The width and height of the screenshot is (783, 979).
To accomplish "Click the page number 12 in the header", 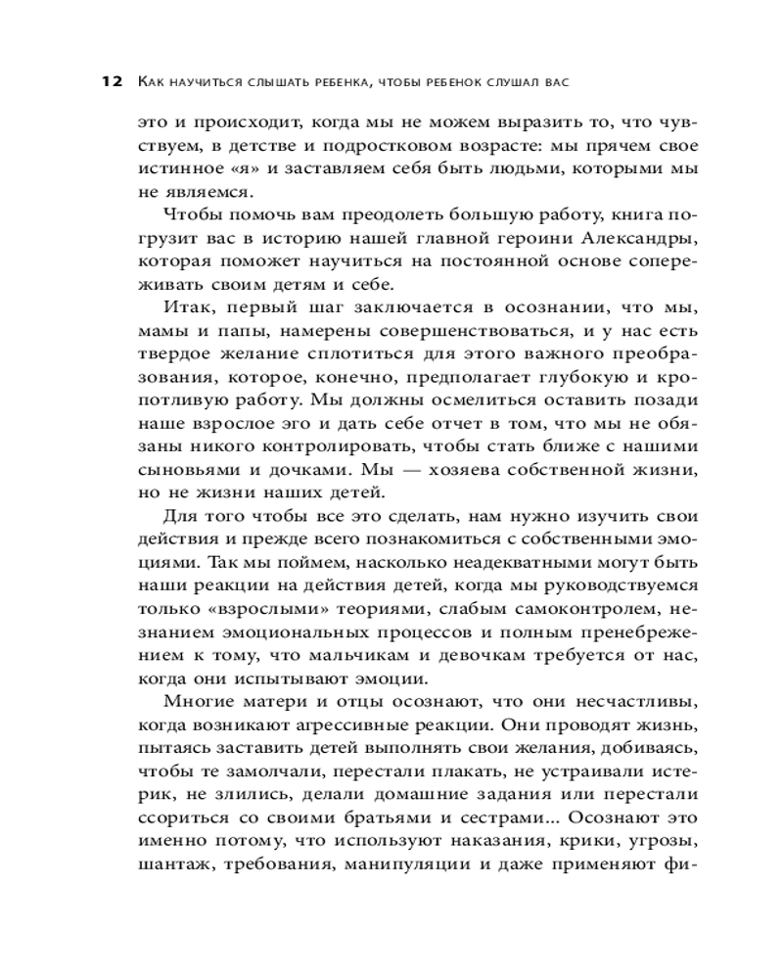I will coord(109,82).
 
